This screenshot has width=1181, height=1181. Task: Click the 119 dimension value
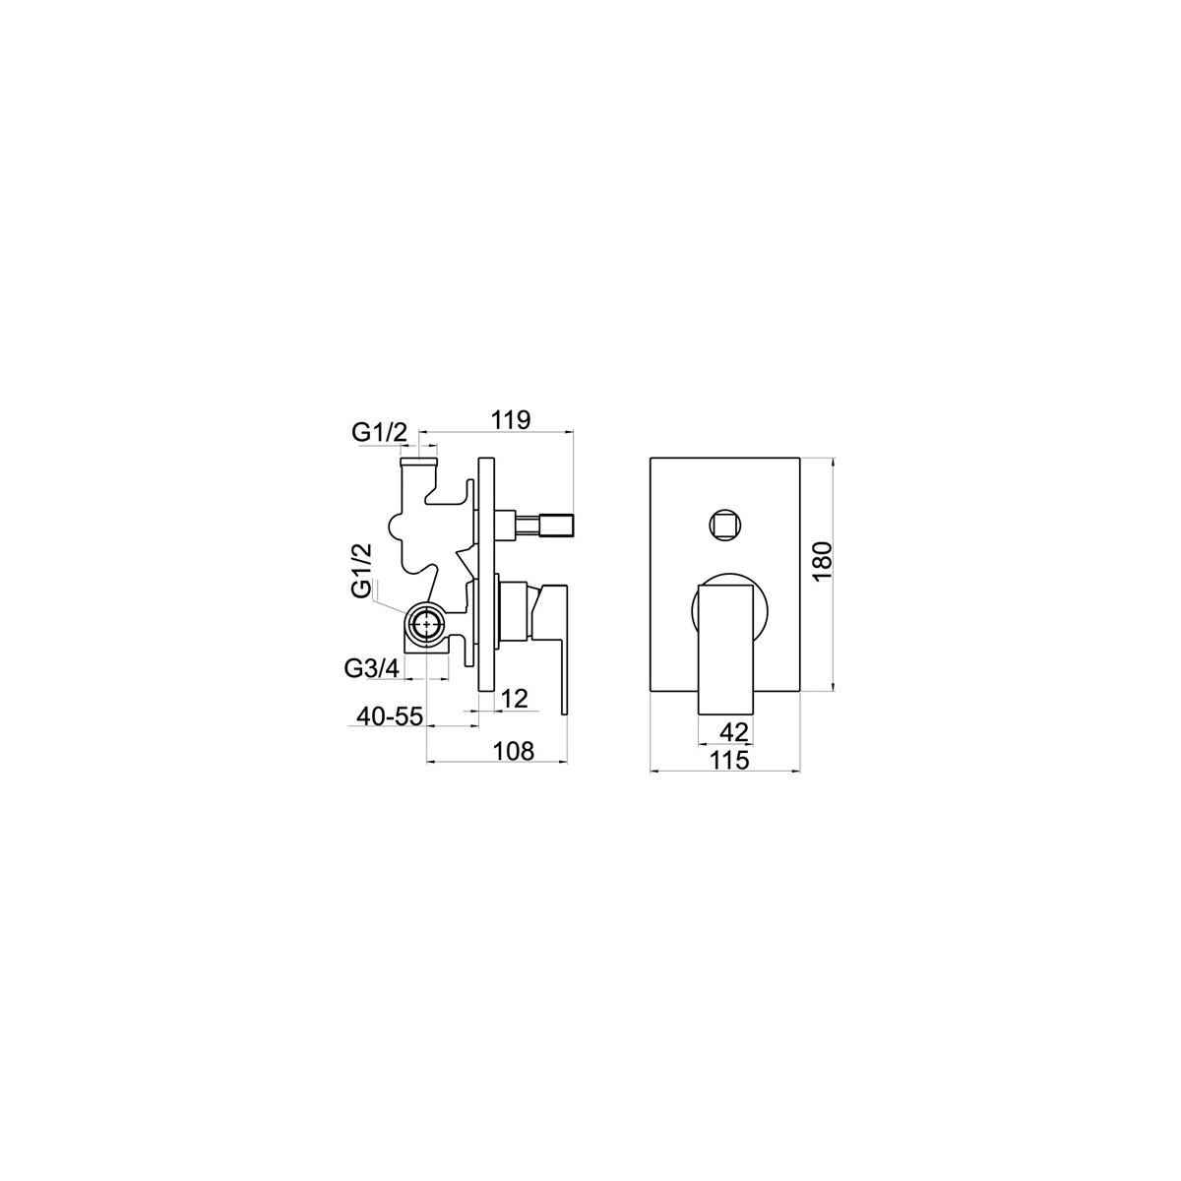coord(510,420)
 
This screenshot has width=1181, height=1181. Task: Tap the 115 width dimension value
coord(730,760)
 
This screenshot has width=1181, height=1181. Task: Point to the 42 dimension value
coord(734,732)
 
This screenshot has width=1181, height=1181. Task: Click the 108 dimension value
coord(514,751)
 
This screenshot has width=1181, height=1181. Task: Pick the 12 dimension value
coord(515,699)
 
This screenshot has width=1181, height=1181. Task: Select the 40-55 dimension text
coord(390,715)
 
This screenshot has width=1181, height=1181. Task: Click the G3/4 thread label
coord(372,668)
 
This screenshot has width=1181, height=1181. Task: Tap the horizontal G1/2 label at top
coord(379,433)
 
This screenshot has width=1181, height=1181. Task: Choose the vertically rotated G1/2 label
coord(362,570)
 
